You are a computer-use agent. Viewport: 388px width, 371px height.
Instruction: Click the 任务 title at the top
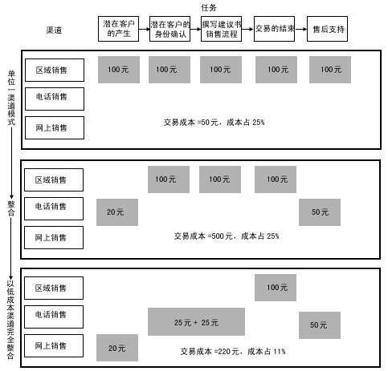(209, 8)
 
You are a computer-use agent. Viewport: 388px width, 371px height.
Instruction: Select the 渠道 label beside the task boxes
(54, 30)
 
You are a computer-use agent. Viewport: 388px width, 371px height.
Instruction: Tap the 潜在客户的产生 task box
(118, 29)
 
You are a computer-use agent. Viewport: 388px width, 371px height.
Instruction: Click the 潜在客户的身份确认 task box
(169, 29)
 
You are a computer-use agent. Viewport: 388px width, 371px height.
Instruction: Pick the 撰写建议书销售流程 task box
(221, 29)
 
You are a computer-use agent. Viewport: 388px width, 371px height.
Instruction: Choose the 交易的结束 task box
(274, 29)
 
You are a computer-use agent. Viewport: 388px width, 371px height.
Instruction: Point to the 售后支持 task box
(327, 29)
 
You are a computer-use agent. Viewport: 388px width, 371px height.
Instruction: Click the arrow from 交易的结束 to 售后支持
(300, 29)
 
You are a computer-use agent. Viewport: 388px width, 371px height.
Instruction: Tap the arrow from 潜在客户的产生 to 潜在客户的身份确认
(144, 29)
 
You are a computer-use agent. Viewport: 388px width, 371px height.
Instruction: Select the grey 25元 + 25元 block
(196, 322)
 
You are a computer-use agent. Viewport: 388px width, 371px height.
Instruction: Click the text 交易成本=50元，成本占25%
(214, 123)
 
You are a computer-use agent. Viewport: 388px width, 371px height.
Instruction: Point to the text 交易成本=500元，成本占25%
(227, 236)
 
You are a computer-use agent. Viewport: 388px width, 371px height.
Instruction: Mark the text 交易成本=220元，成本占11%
(233, 351)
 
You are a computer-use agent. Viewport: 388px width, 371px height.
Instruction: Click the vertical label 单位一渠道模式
(11, 98)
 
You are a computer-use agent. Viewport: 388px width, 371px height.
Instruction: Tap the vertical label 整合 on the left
(11, 208)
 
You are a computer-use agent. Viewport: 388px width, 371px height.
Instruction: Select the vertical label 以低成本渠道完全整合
(10, 320)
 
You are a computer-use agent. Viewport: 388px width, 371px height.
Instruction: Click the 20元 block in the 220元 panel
(117, 348)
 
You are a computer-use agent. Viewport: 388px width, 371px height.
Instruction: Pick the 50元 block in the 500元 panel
(320, 212)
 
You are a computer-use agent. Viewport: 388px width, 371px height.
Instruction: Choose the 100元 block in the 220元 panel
(276, 288)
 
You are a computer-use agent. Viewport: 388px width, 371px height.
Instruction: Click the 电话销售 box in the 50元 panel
(55, 99)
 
